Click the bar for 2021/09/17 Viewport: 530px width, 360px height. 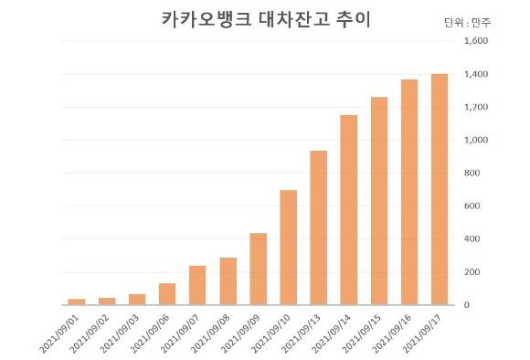[440, 189]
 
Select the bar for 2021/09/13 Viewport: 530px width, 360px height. [319, 228]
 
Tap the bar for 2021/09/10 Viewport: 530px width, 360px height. [289, 248]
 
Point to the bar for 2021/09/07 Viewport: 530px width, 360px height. [197, 285]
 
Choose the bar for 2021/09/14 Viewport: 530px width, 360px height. [349, 210]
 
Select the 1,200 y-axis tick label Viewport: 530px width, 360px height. [476, 107]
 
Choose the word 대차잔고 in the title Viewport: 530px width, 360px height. [283, 20]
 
